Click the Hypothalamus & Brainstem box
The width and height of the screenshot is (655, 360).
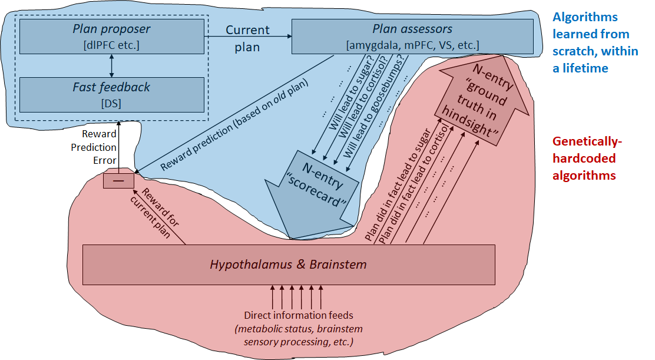288,265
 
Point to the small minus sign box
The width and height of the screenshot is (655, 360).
118,180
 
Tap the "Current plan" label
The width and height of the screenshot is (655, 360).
247,38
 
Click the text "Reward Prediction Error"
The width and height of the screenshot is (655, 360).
99,147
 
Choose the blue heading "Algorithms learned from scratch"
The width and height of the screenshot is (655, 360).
595,42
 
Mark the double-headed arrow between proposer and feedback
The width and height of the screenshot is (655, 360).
111,65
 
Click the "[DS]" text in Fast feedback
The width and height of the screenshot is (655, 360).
111,103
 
